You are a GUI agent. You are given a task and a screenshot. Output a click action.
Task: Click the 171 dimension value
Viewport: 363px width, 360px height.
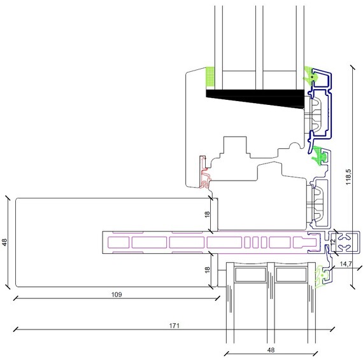(174, 326)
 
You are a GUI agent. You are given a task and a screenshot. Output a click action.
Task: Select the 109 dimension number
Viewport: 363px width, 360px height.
(117, 294)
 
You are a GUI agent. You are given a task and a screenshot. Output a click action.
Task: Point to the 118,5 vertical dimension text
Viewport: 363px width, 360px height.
(348, 177)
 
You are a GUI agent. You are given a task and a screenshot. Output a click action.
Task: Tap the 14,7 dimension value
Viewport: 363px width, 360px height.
(346, 264)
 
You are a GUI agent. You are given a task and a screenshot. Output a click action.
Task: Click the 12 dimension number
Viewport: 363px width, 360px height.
(332, 242)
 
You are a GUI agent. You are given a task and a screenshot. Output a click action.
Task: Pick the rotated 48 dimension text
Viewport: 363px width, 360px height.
(4, 242)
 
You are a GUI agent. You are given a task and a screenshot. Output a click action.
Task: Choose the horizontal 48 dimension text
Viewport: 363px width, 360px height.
(271, 350)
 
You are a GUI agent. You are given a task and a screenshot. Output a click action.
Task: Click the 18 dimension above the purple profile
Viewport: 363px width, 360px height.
(207, 214)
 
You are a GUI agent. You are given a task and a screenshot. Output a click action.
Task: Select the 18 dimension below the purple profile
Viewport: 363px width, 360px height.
(207, 270)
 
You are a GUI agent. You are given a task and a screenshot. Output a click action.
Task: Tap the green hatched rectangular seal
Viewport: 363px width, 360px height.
(210, 76)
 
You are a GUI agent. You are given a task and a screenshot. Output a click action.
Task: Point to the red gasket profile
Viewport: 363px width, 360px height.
(204, 172)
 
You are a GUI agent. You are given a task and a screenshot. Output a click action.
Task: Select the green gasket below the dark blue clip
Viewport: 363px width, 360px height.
(320, 156)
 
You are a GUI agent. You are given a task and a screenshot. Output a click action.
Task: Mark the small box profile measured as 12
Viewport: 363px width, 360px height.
(345, 242)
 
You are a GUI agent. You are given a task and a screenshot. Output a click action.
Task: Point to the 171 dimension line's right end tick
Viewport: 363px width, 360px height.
(332, 329)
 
